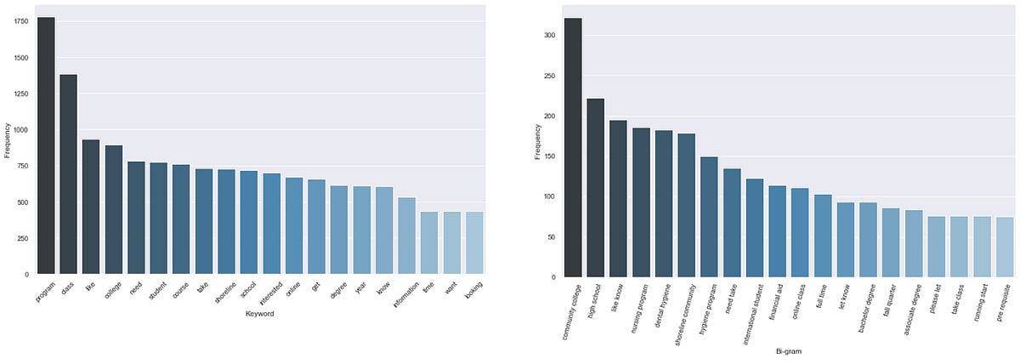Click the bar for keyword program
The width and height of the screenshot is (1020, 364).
46,145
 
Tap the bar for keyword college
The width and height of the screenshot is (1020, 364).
114,209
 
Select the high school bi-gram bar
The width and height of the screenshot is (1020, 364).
596,188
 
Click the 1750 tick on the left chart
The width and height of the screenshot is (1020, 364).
20,20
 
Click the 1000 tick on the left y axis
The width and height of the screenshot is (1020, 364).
20,130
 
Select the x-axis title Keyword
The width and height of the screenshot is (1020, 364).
260,313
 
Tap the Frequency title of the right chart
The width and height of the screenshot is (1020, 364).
537,141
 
